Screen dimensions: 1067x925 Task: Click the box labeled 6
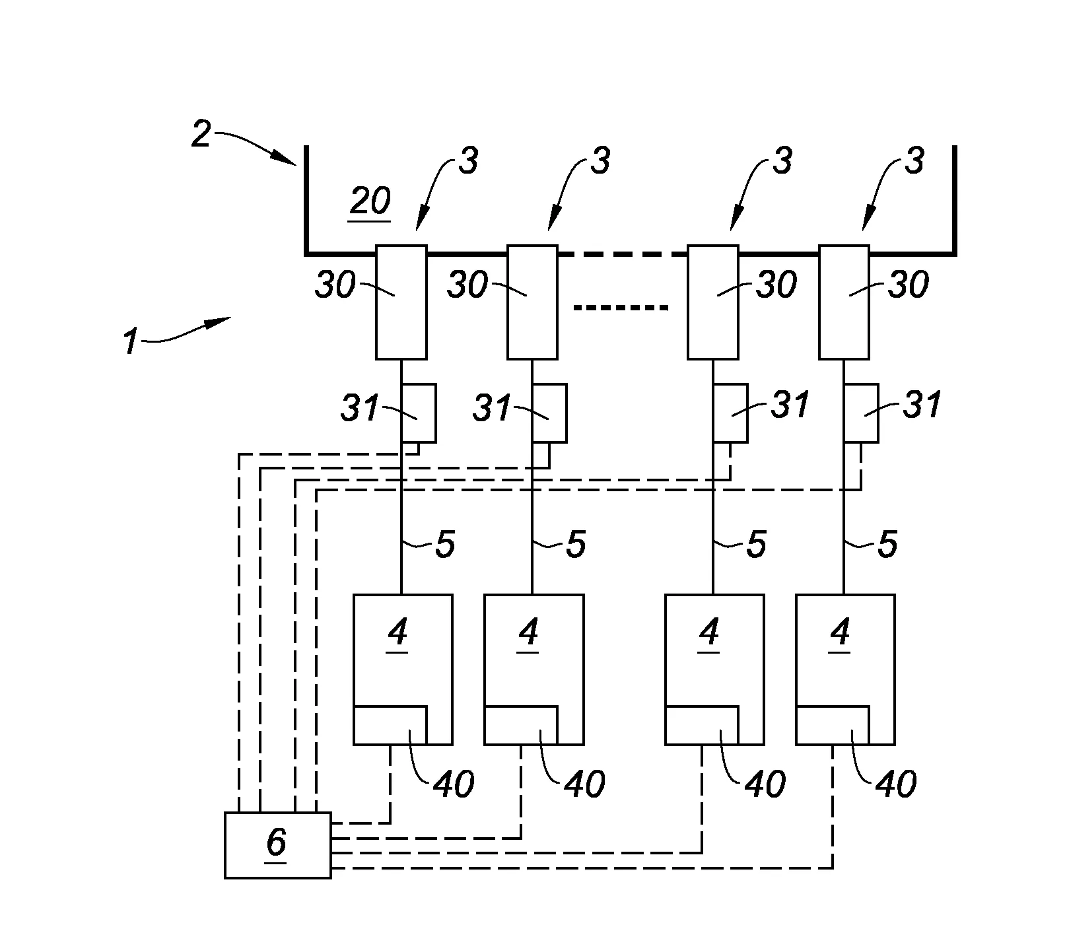[277, 845]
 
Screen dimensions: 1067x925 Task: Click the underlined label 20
[370, 202]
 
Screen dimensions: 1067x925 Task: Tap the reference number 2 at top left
[201, 134]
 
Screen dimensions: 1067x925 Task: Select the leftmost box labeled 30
[401, 302]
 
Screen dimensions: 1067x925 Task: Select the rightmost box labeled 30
[844, 302]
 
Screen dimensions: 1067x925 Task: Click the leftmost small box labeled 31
[419, 413]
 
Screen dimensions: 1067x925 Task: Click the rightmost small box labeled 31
[861, 413]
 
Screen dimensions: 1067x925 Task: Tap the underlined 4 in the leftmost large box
[397, 634]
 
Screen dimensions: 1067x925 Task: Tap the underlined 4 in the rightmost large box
[840, 634]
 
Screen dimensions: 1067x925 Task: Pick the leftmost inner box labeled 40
[390, 725]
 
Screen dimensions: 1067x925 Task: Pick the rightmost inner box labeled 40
[833, 725]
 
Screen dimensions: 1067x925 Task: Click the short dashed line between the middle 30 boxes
[621, 308]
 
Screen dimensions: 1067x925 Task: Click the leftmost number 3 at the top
[467, 160]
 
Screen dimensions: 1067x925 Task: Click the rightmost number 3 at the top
[913, 160]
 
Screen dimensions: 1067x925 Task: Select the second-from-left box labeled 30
[532, 302]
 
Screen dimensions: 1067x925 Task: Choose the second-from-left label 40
[584, 784]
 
